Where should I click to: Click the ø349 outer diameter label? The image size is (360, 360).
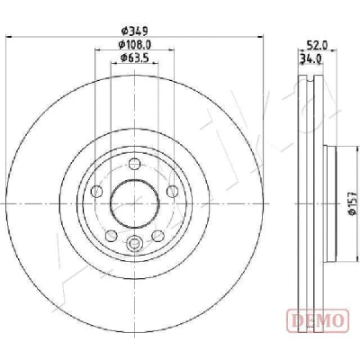(134, 31)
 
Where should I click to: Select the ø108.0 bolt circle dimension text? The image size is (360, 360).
(135, 45)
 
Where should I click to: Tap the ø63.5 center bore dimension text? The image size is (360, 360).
(135, 58)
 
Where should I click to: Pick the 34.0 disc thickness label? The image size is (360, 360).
(311, 58)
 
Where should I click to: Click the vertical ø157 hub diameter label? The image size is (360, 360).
(352, 203)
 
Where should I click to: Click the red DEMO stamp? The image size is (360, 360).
(318, 320)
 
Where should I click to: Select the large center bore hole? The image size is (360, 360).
(134, 203)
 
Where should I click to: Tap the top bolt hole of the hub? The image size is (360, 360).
(134, 164)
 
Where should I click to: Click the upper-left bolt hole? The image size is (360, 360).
(96, 191)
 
